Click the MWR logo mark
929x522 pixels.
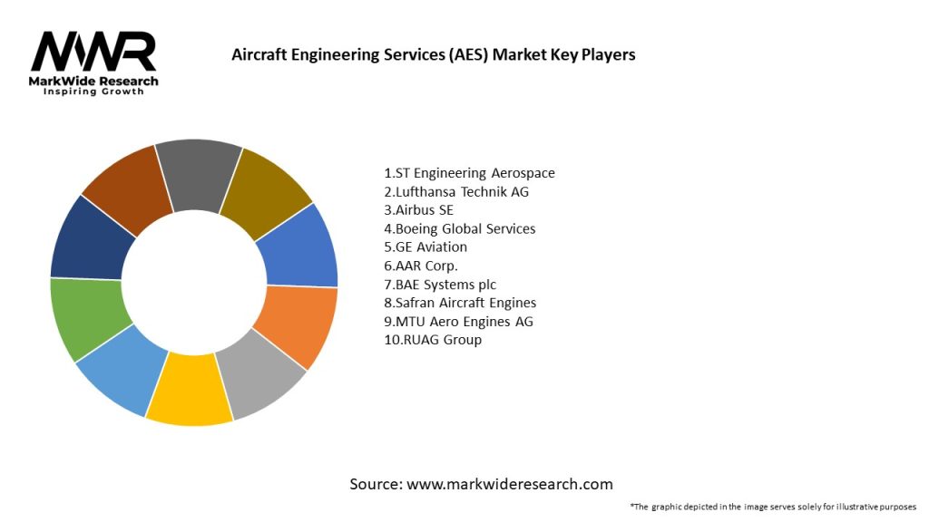pyautogui.click(x=93, y=53)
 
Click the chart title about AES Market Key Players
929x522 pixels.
pyautogui.click(x=434, y=54)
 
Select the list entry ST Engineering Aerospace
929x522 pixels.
pyautogui.click(x=469, y=173)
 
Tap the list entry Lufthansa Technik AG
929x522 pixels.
pyautogui.click(x=456, y=191)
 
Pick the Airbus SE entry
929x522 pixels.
pyautogui.click(x=418, y=210)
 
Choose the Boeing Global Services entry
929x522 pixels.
pyautogui.click(x=460, y=228)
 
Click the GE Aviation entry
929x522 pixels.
pyautogui.click(x=425, y=246)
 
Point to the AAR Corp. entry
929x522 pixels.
pyautogui.click(x=421, y=266)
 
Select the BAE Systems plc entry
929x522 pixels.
pyautogui.click(x=440, y=285)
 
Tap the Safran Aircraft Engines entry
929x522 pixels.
pyautogui.click(x=460, y=303)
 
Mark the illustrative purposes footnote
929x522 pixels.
pyautogui.click(x=773, y=507)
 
